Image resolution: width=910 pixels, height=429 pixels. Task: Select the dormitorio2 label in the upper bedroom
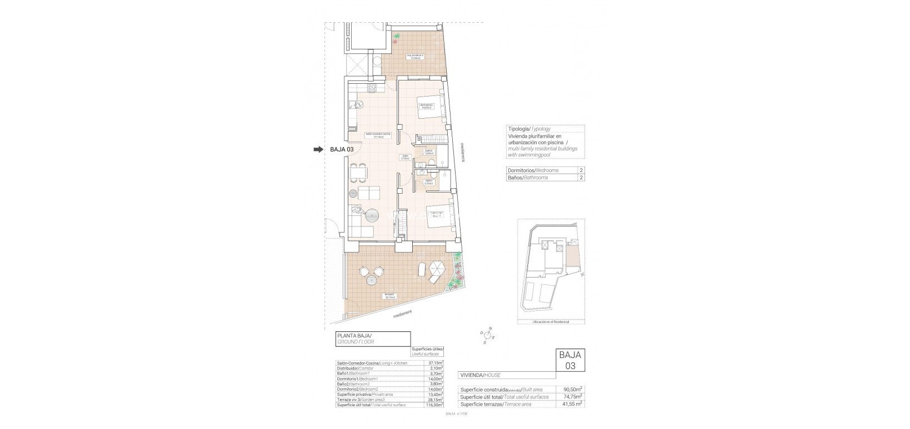click(426, 106)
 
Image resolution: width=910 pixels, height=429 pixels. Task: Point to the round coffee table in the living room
click(371, 214)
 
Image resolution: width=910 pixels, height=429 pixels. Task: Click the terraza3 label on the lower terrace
click(389, 296)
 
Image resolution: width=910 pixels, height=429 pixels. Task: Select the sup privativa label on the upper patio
click(414, 57)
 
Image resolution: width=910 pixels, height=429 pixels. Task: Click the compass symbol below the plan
click(488, 334)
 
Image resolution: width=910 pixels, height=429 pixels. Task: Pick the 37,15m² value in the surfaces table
click(436, 363)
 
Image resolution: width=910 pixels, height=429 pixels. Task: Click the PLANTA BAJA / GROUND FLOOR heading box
click(373, 339)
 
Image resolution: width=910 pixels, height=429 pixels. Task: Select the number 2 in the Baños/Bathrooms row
click(581, 178)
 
